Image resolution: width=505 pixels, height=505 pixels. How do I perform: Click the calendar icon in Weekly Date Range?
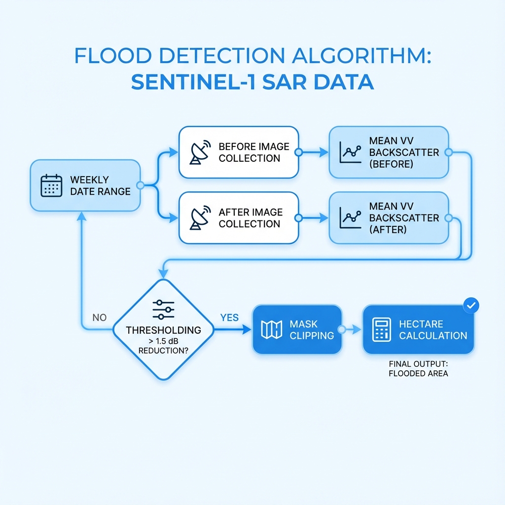[x=51, y=185]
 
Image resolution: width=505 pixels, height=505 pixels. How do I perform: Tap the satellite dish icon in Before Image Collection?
[x=200, y=152]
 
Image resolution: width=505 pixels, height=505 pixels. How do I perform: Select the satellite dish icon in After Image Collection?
[x=200, y=217]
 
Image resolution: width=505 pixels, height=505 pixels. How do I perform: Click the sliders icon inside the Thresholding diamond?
[x=163, y=309]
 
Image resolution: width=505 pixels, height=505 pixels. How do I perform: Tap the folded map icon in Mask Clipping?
[x=271, y=329]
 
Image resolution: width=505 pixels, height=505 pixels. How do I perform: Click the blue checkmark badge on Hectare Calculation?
[x=471, y=306]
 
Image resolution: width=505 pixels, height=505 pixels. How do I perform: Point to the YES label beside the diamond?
[x=229, y=318]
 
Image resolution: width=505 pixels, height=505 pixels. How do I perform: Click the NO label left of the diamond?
[x=99, y=318]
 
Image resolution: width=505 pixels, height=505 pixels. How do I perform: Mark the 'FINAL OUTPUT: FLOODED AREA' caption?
[x=418, y=369]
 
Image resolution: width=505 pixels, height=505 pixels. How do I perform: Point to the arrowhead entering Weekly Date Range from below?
[x=81, y=216]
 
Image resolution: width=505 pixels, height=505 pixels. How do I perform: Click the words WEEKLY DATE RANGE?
[x=100, y=185]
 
